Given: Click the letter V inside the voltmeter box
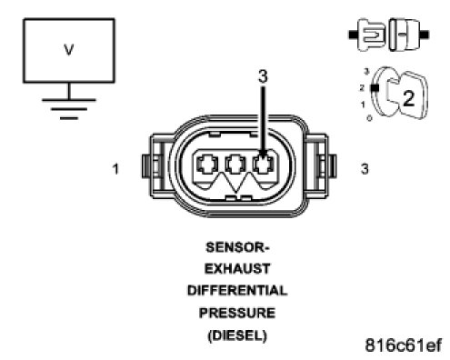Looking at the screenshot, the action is point(69,50).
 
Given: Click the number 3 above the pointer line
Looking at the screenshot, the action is point(263,76).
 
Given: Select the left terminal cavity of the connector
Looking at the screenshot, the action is point(207,165).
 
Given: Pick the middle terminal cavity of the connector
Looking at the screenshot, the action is point(235,165).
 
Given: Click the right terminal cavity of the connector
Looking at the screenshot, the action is point(264,165).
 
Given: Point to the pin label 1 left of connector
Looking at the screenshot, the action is point(115,169).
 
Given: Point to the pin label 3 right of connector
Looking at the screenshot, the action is point(365,169).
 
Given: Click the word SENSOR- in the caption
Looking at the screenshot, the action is point(237,247).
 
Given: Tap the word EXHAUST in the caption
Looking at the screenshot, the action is point(237,269).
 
